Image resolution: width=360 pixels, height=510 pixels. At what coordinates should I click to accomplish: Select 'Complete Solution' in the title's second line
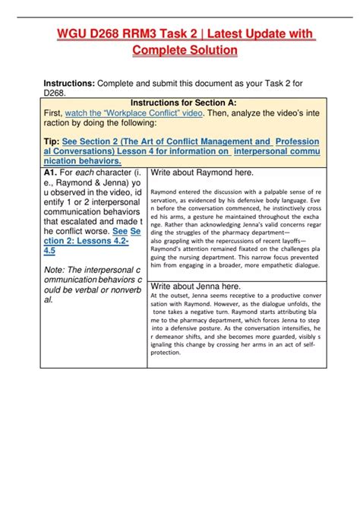point(185,50)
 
